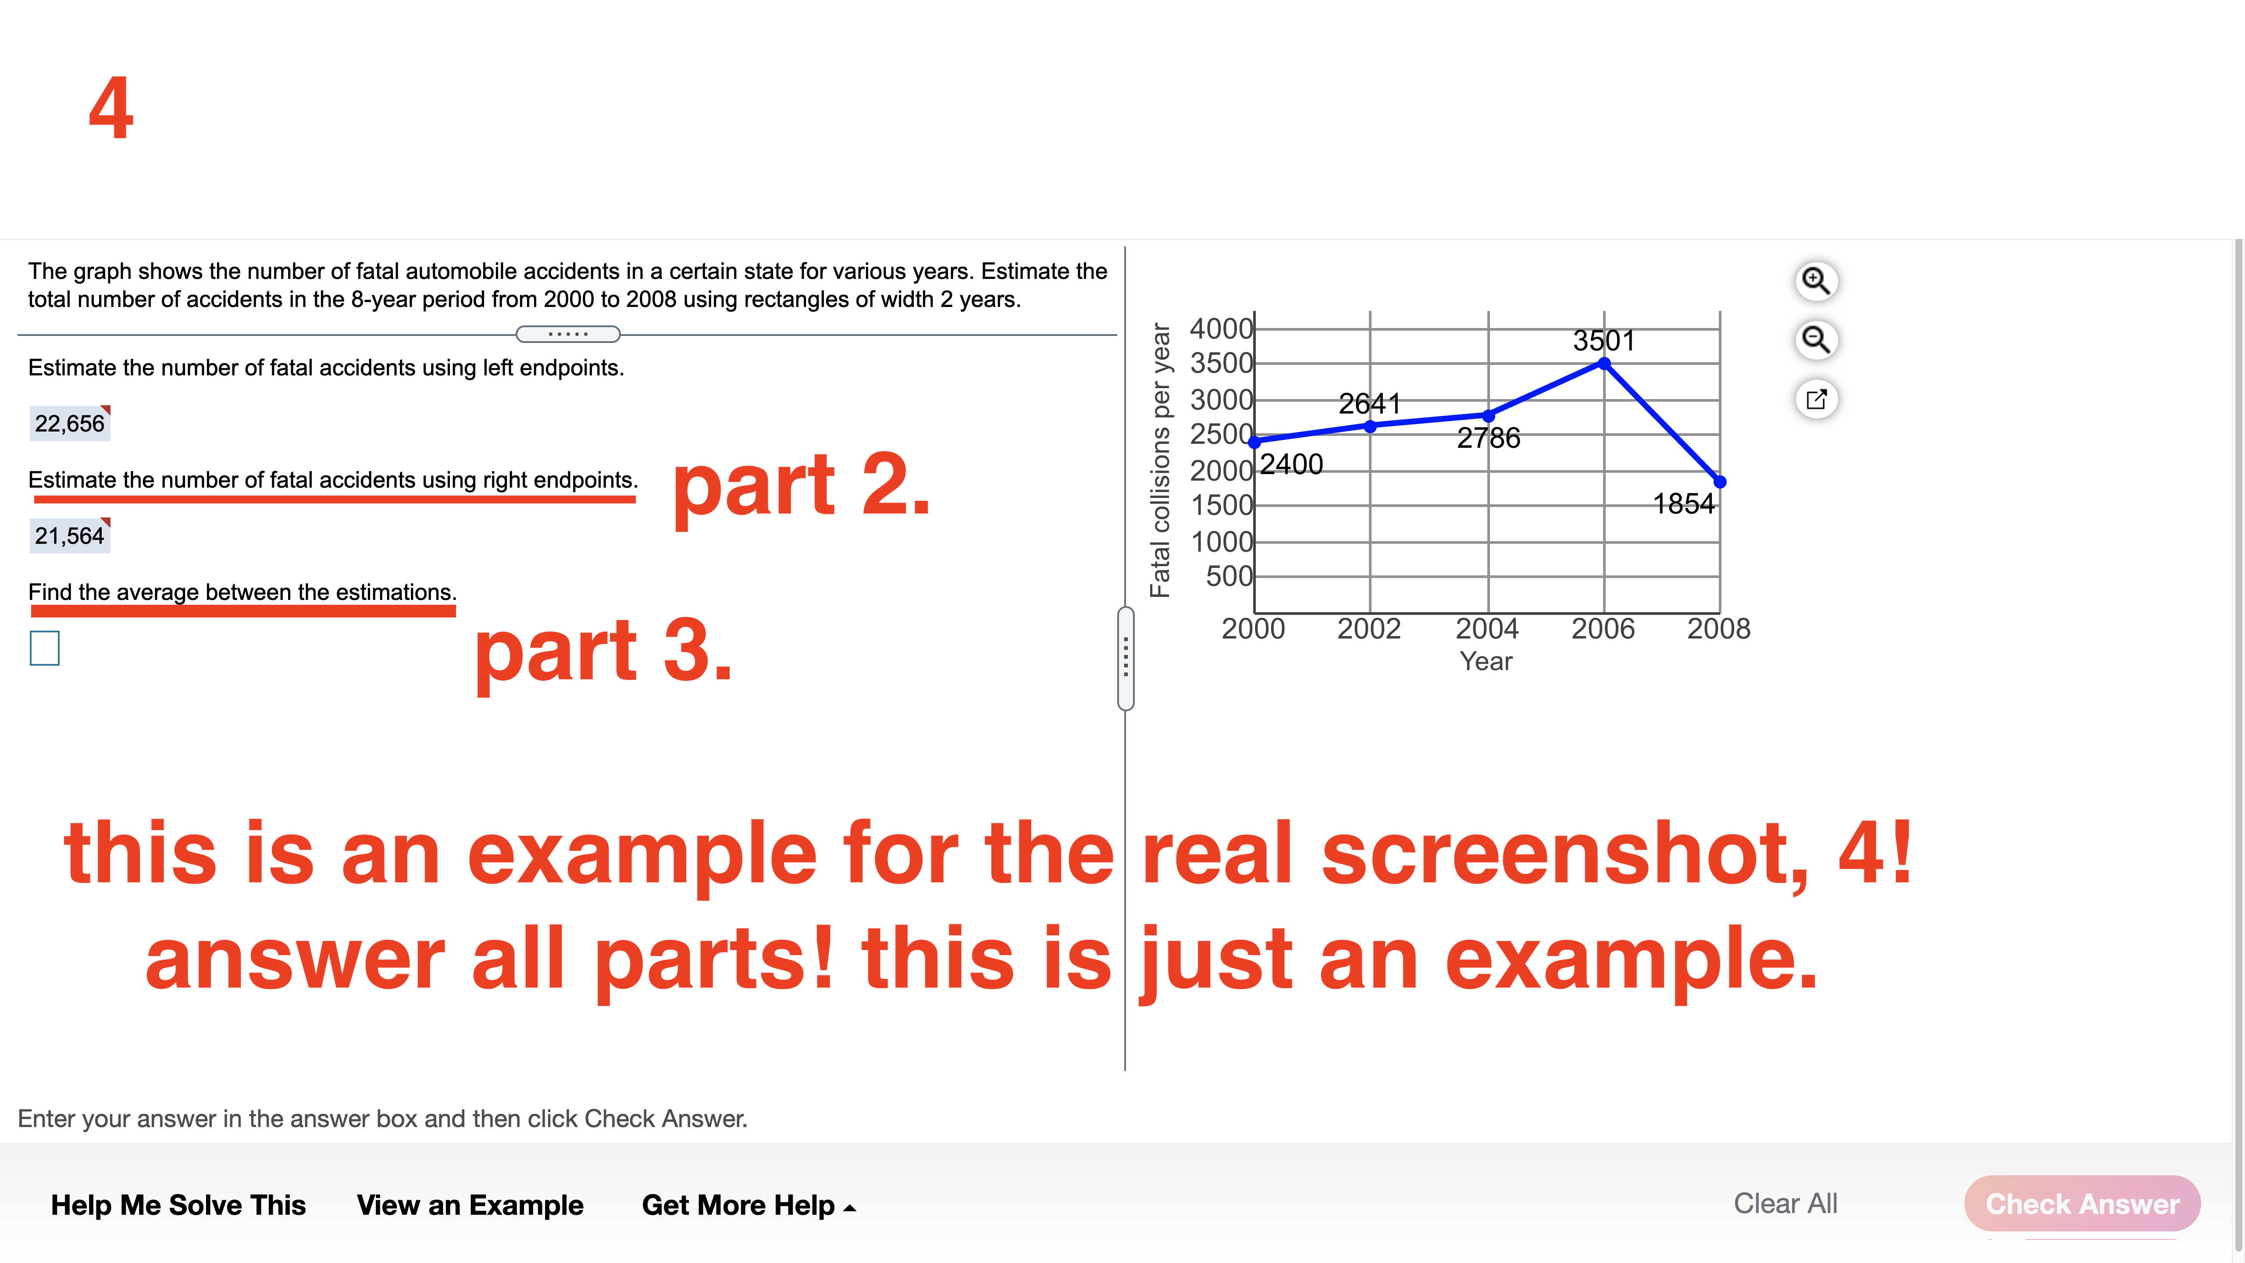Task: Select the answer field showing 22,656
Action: [x=70, y=424]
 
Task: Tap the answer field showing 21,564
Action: [x=70, y=535]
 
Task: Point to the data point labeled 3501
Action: [x=1604, y=364]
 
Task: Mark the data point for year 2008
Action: [x=1719, y=481]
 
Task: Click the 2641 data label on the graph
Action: [x=1369, y=403]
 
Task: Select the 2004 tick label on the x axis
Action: [x=1487, y=628]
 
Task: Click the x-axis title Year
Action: [x=1486, y=662]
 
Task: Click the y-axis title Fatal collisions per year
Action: [x=1160, y=460]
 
